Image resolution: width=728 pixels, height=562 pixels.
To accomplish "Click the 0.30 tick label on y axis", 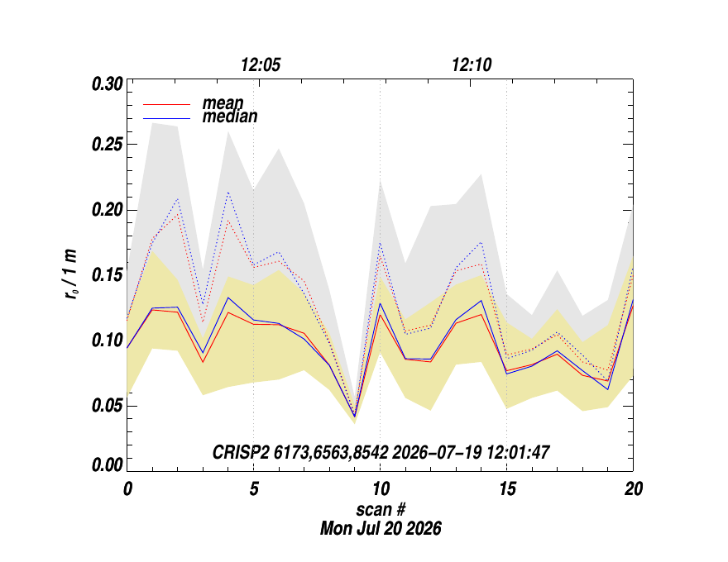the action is click(108, 85).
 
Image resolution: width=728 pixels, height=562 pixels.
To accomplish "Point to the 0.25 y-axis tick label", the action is click(108, 145).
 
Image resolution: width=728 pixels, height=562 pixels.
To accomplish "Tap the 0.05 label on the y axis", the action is click(108, 406).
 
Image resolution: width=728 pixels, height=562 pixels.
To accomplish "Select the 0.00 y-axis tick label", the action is click(108, 465).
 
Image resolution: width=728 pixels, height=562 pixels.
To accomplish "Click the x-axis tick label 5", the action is click(253, 488).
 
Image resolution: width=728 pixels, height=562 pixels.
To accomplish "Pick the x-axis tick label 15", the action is click(507, 488).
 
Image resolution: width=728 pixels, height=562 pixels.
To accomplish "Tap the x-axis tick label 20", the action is click(634, 488).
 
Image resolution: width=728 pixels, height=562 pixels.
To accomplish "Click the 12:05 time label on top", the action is click(261, 65).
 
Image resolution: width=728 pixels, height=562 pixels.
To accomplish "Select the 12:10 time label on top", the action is click(472, 65).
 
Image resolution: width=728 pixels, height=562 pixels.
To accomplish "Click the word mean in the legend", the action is click(223, 103).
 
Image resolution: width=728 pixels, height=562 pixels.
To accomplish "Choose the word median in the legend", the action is click(230, 117).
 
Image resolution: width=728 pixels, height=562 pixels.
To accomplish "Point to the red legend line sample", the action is click(167, 105).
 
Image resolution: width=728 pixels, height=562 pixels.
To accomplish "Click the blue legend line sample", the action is click(167, 119).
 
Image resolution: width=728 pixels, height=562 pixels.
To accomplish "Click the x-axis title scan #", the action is click(381, 510).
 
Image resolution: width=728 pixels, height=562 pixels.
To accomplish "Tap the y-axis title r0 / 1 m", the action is click(71, 274).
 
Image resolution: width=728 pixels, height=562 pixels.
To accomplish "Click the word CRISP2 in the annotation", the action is click(241, 452).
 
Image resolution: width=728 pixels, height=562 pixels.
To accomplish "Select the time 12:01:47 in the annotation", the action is click(518, 452).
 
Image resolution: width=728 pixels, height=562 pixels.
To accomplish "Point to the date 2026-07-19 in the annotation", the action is click(437, 452).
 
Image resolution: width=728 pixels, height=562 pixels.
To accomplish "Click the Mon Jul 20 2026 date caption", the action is click(381, 528).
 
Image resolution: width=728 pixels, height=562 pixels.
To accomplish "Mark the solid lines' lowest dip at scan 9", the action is click(355, 417).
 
